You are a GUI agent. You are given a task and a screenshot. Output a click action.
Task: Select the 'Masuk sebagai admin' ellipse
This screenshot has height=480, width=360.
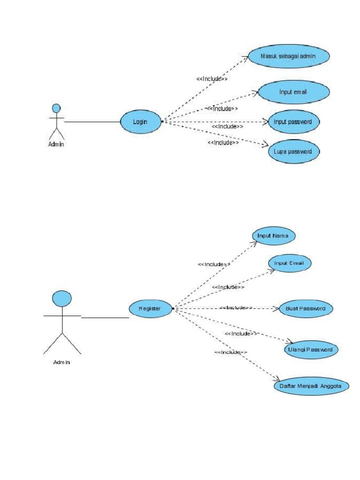pos(289,56)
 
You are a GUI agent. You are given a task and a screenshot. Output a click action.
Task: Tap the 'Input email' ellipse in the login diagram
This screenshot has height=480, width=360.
pos(293,92)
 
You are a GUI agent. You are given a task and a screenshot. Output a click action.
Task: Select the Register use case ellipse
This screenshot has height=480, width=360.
pos(150,308)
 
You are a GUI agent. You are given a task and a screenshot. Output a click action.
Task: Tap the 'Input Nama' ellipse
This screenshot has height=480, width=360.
pos(273,236)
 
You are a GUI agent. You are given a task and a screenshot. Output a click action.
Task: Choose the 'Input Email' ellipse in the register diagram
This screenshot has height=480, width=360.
pos(289,263)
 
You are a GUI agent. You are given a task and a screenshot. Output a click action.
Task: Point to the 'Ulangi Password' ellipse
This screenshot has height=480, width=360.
pos(311,350)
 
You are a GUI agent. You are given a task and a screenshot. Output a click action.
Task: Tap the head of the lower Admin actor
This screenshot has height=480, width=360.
pos(62,299)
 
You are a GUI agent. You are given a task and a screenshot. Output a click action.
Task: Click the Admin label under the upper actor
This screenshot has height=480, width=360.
pos(56,144)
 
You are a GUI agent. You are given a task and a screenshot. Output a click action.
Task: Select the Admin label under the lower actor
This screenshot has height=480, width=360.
pos(61,362)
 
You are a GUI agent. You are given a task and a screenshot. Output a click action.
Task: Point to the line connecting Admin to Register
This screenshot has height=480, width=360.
pos(105,317)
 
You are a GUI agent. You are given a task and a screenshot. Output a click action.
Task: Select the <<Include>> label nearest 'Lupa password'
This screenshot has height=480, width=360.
pos(223,142)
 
